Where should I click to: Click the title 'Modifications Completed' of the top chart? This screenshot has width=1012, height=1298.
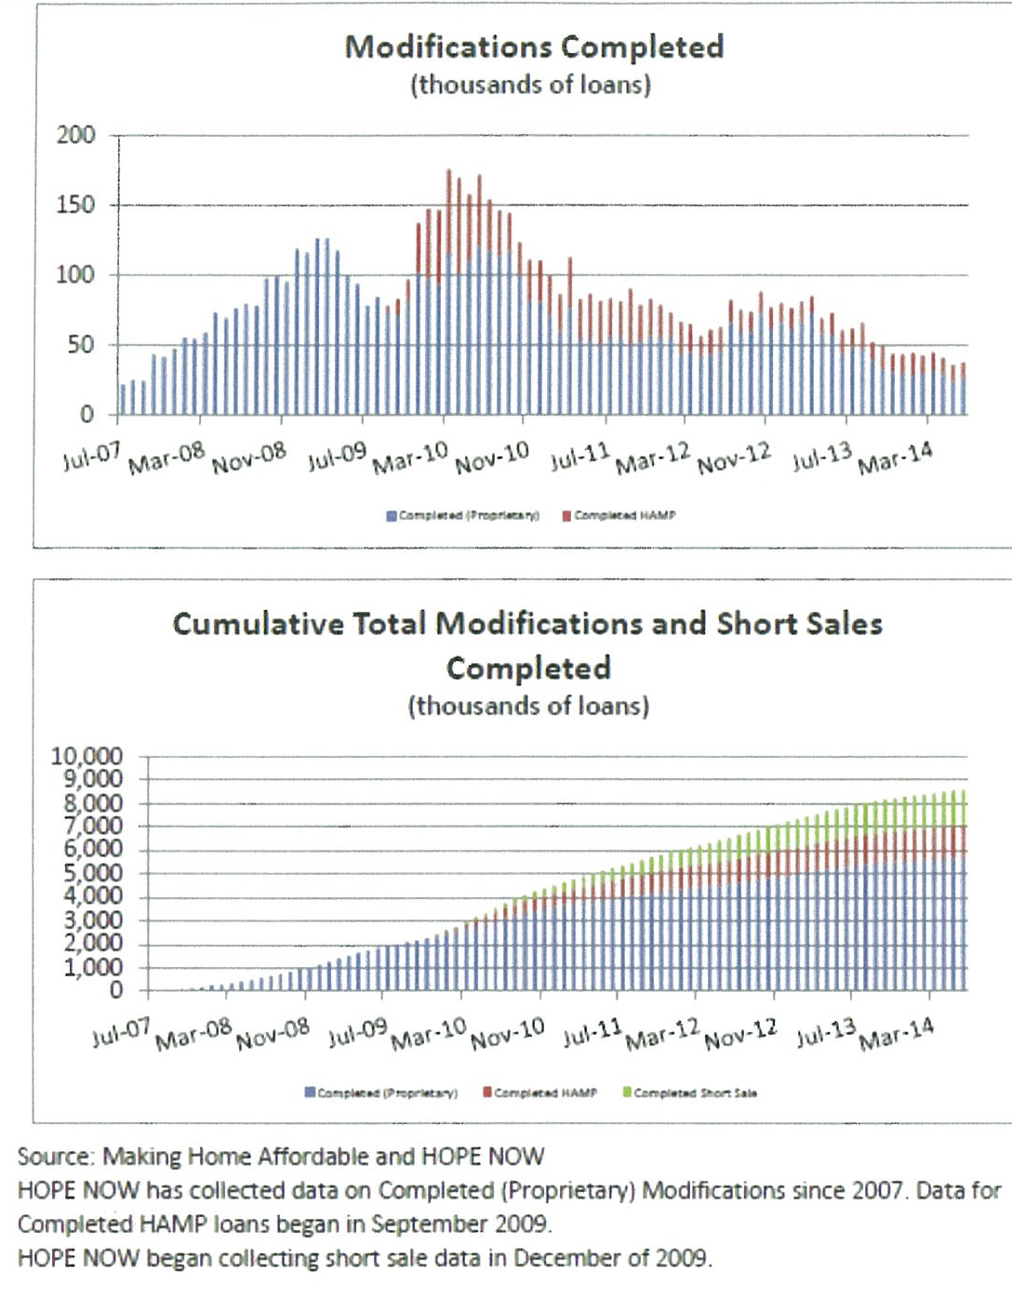(534, 46)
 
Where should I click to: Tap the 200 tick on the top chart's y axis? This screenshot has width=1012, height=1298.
(76, 136)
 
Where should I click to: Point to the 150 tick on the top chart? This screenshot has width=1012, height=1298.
(76, 205)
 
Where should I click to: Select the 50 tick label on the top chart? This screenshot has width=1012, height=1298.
(81, 345)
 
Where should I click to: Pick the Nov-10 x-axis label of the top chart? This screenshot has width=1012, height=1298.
(492, 457)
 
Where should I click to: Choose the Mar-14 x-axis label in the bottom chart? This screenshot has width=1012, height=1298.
(896, 1033)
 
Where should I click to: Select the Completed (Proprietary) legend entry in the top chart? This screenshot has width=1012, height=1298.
(463, 515)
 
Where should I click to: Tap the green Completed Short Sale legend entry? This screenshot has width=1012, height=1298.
(689, 1093)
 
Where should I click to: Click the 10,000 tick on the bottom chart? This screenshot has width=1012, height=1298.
(87, 756)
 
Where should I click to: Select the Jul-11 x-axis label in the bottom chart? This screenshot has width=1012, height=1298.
(593, 1032)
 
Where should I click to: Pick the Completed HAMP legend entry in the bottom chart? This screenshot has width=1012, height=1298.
(539, 1093)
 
